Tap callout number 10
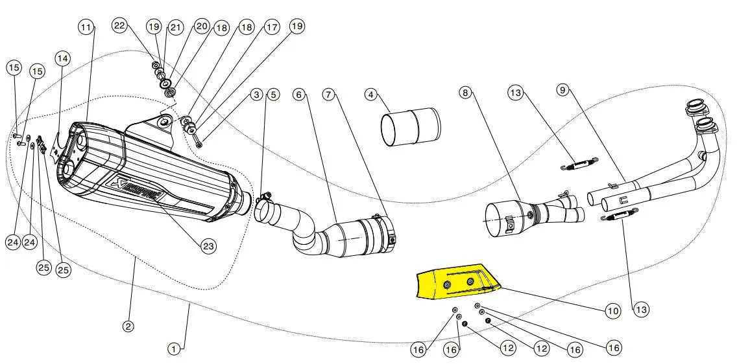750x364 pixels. pos(613,311)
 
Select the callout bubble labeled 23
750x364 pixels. pos(208,246)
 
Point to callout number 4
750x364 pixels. pos(371,95)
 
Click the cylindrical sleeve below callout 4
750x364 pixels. pos(410,125)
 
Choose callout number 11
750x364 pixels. pos(86,27)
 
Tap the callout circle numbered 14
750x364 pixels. pos(62,58)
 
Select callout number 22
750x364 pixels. pos(119,26)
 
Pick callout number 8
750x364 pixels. pos(465,93)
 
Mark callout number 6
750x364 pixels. pos(298,95)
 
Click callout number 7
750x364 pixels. pos(329,95)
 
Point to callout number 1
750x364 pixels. pos(173,349)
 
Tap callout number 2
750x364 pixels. pos(128,326)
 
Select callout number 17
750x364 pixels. pos(271,27)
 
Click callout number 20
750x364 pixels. pos(201,26)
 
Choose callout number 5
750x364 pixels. pos(272,95)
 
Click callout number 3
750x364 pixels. pos(257,95)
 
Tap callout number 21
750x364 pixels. pos(176,27)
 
